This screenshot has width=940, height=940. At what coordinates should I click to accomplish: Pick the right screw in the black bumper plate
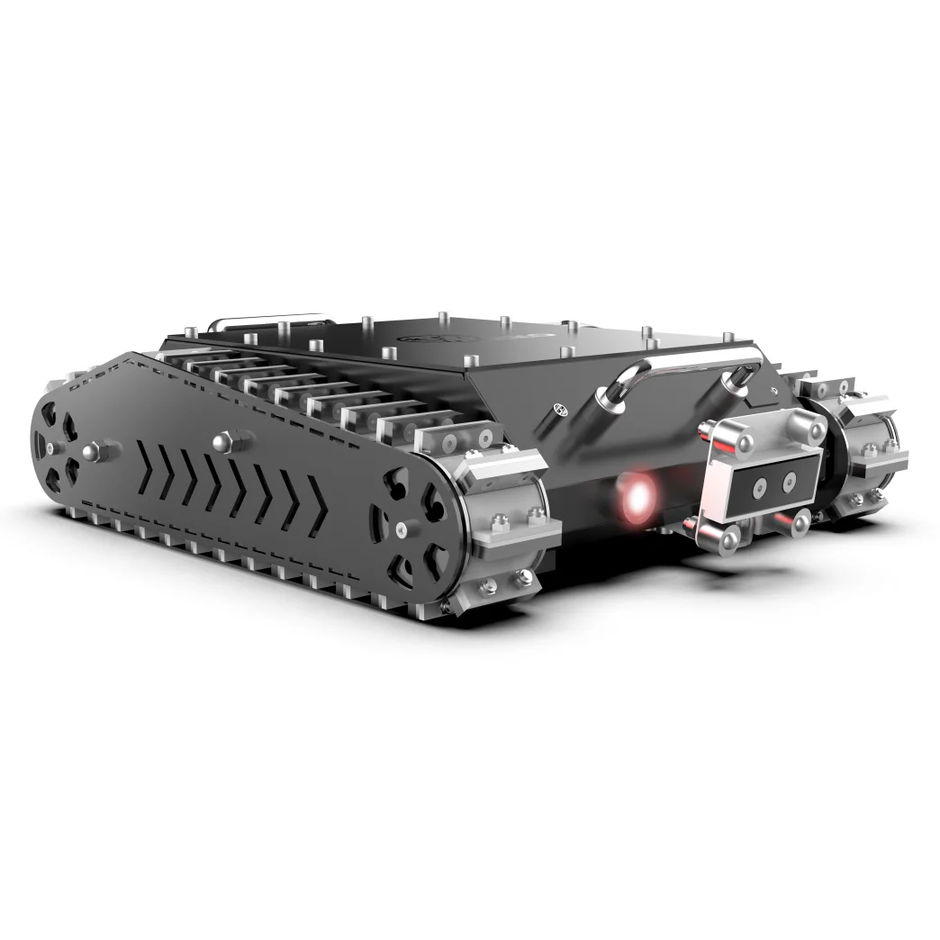[x=790, y=484]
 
